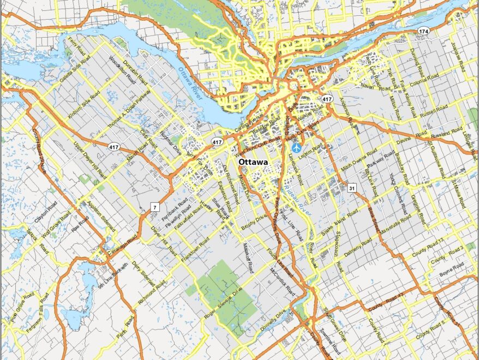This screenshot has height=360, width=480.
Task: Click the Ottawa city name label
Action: (253, 163)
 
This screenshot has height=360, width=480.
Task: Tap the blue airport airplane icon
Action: (296, 147)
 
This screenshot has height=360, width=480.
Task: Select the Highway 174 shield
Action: (423, 32)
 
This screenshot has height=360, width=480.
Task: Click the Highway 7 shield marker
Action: (155, 207)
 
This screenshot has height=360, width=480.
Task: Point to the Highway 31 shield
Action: (352, 188)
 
